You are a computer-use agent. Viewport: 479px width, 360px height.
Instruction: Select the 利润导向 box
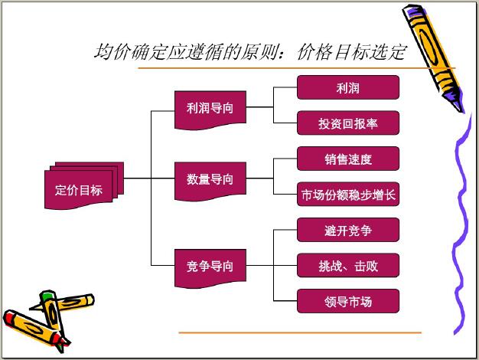[x=210, y=110]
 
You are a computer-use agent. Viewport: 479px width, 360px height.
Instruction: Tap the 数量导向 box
[x=210, y=181]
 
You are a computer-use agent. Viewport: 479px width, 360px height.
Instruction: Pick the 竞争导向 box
[x=210, y=267]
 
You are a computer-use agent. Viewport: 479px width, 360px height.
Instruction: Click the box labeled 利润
[x=348, y=87]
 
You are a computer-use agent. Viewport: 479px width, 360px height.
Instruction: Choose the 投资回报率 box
[x=348, y=123]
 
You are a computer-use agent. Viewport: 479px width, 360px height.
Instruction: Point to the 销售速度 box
[x=348, y=159]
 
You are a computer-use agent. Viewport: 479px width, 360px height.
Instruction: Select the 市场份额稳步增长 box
[x=348, y=195]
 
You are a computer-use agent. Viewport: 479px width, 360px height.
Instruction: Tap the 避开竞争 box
[x=348, y=230]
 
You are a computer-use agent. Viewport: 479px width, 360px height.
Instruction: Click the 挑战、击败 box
[x=348, y=265]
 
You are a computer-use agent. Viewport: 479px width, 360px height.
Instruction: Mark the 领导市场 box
[x=348, y=301]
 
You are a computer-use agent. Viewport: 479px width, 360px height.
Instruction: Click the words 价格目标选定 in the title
[x=352, y=52]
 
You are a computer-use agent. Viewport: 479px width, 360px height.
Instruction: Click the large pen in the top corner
[x=434, y=58]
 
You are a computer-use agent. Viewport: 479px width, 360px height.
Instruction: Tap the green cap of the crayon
[x=47, y=296]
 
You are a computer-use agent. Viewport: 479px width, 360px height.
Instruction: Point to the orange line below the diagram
[x=300, y=332]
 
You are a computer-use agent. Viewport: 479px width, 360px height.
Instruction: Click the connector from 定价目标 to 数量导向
[x=149, y=178]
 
